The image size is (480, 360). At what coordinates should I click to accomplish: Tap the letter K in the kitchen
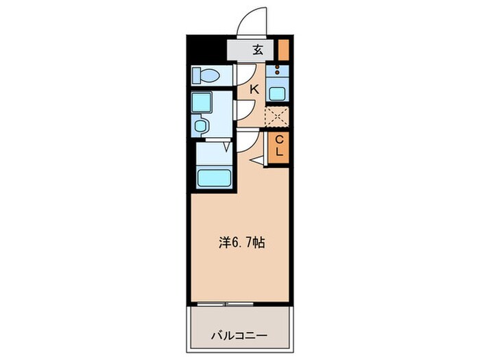254,88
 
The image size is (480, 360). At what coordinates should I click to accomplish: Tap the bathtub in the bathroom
215,178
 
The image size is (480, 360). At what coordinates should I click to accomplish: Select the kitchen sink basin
278,93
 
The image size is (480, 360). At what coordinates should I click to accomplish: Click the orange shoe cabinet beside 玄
283,49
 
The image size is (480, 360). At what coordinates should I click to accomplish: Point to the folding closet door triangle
259,160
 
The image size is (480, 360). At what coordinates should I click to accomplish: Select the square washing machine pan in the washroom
204,103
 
